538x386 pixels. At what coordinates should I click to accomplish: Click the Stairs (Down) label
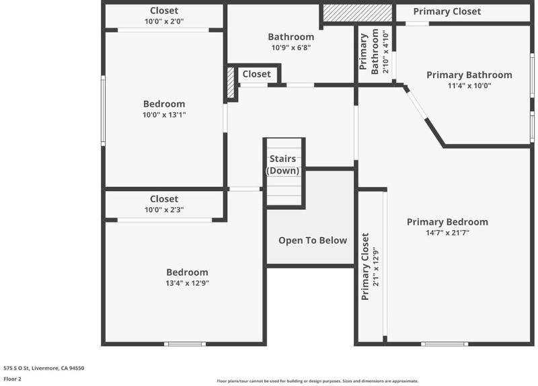[x=282, y=165]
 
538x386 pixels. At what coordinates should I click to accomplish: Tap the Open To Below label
[x=313, y=241]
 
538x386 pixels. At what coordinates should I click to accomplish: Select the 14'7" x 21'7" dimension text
[x=447, y=233]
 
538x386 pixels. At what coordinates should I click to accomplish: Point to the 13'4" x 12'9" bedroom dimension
[x=188, y=283]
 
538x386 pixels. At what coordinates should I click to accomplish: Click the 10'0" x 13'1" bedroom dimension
[x=164, y=114]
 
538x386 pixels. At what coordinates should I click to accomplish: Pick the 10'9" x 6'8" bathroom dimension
[x=291, y=48]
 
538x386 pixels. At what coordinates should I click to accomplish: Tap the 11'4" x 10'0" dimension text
[x=469, y=85]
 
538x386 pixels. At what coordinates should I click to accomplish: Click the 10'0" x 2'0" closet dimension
[x=164, y=22]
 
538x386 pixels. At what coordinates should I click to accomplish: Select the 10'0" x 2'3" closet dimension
[x=164, y=210]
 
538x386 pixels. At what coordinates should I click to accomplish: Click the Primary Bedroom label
[x=447, y=222]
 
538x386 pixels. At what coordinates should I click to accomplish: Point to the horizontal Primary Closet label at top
[x=447, y=11]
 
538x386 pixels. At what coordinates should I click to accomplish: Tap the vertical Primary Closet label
[x=365, y=266]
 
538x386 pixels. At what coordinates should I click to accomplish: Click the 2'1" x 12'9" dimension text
[x=376, y=266]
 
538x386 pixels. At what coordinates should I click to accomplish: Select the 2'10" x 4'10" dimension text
[x=385, y=52]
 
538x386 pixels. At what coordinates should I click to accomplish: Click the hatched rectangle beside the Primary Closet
[x=358, y=13]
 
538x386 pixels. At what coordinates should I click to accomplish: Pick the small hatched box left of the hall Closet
[x=231, y=82]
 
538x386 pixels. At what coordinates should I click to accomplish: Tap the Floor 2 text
[x=12, y=379]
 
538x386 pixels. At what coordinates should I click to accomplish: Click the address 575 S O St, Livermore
[x=44, y=368]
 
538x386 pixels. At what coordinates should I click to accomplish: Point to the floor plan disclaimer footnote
[x=317, y=381]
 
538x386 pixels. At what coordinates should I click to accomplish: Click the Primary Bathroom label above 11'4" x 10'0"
[x=469, y=75]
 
